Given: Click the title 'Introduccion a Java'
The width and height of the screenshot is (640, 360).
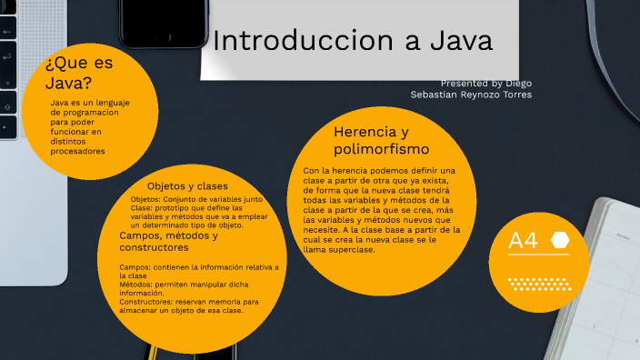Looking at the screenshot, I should [353, 41].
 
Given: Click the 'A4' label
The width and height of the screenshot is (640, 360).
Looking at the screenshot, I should [524, 241].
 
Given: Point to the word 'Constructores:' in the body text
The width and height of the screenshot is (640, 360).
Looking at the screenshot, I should [148, 302].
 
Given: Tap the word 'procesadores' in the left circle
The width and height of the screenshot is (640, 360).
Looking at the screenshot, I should [77, 152].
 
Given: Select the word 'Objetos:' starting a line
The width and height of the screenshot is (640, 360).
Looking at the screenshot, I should [147, 198].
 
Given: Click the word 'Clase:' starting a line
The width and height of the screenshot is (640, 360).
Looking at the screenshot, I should [144, 207].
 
